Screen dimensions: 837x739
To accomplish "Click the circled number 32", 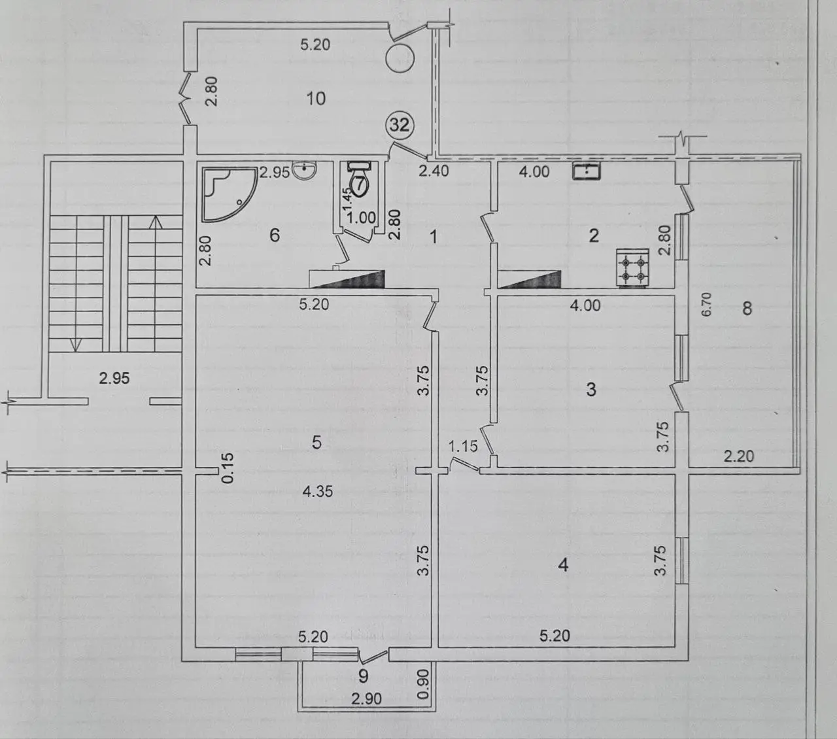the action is click(x=400, y=124).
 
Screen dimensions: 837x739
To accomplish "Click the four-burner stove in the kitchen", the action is click(x=632, y=268).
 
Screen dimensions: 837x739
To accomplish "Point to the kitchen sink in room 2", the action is click(x=587, y=171).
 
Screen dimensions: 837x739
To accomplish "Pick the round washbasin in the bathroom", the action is click(x=305, y=170).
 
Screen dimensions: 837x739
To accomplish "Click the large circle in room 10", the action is click(x=400, y=59).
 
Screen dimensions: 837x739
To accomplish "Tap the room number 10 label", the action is click(x=316, y=99).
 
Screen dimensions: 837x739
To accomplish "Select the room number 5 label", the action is click(x=316, y=442).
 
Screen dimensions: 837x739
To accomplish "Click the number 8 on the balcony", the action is click(x=747, y=308).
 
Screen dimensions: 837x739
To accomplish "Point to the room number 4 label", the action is click(x=563, y=564).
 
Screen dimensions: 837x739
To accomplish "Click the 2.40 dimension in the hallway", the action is click(x=434, y=171).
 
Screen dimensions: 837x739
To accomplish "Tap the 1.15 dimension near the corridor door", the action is click(x=463, y=447).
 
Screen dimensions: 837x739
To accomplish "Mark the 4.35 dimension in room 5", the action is click(x=317, y=491).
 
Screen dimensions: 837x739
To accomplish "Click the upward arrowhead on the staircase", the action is click(x=156, y=222).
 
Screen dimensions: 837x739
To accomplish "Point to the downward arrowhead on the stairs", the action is click(x=76, y=344).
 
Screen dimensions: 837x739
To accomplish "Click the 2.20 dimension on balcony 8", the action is click(x=739, y=456).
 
